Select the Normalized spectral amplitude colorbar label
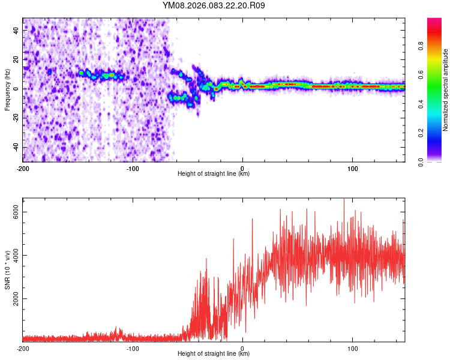446,90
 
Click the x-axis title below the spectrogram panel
214,174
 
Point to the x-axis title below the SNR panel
214,354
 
